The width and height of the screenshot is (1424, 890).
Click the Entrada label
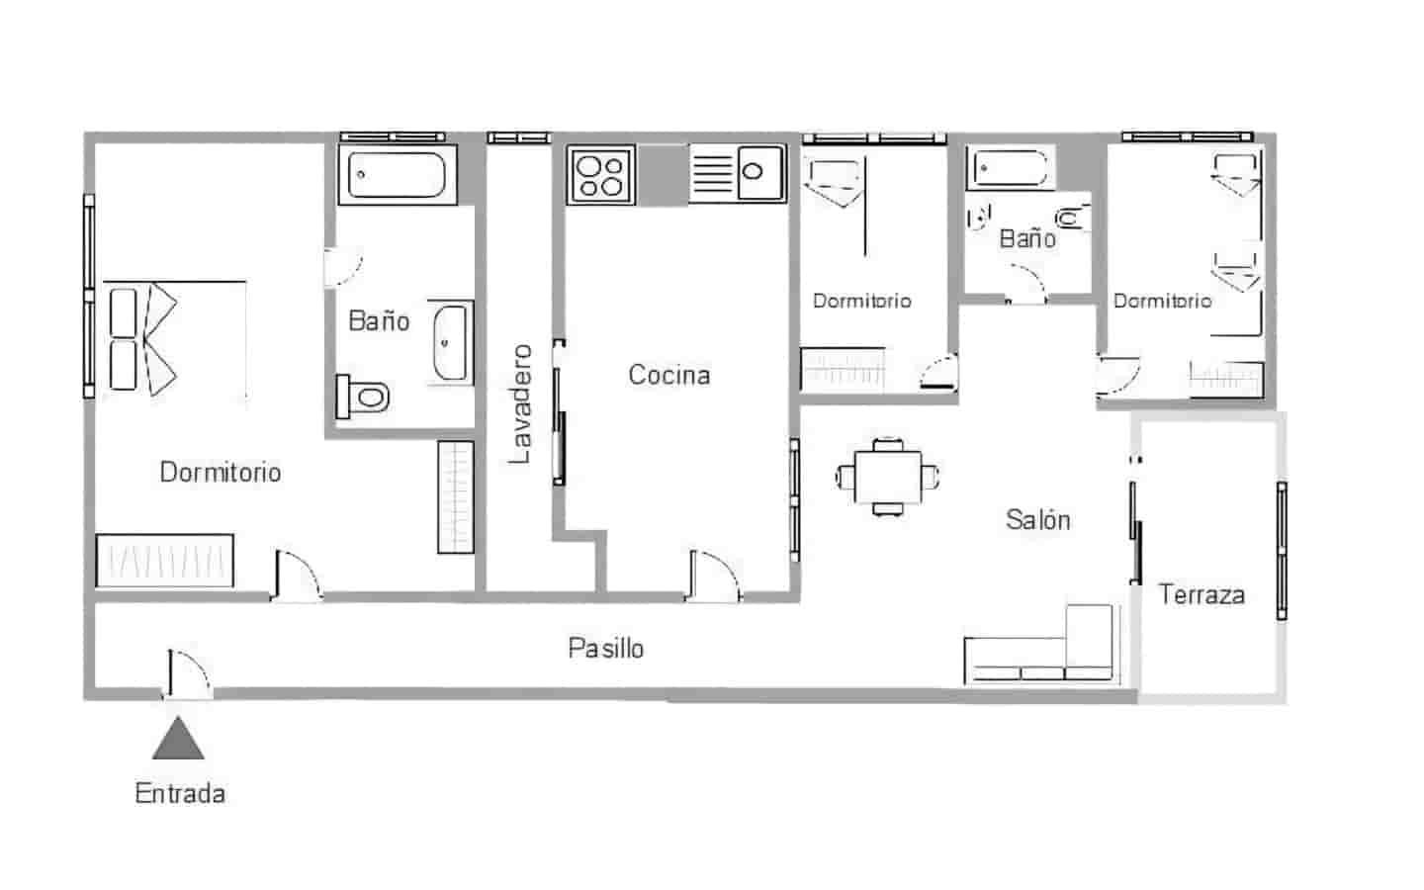point(180,793)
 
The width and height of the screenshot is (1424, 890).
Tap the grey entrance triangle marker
point(179,739)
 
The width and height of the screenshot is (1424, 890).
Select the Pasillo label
point(605,649)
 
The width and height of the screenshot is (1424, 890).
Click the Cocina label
point(669,375)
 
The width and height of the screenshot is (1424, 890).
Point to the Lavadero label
point(520,403)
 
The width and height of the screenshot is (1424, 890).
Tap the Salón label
point(1037,520)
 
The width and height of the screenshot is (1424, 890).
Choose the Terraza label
point(1201,594)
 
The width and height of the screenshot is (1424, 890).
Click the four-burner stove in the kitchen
point(601,175)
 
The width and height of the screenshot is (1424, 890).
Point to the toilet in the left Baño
point(363,398)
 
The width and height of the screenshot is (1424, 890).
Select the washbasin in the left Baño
point(451,342)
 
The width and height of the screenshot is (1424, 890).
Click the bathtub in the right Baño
point(1010,168)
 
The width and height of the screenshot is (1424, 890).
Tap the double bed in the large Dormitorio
point(174,339)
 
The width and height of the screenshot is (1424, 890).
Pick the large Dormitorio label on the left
point(220,472)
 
